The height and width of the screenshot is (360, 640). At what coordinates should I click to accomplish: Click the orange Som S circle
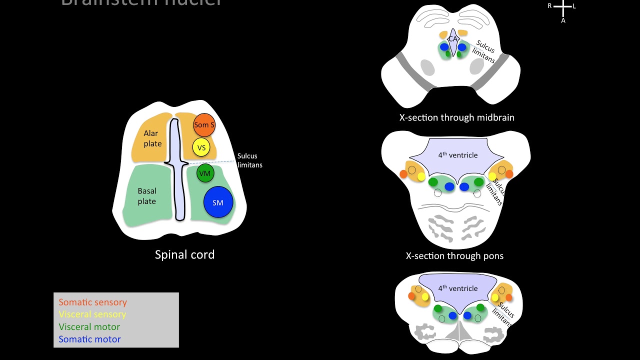coord(204,125)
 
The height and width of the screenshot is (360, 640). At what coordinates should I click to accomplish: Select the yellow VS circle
coord(201,147)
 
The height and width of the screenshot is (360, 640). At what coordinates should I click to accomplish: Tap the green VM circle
coord(204,173)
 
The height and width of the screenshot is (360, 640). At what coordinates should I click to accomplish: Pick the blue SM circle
coord(218,202)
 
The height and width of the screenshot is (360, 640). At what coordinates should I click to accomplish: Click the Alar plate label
coord(152,138)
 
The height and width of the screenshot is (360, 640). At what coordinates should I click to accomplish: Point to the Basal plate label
coord(146,196)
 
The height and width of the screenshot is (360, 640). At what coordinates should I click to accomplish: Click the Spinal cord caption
coord(184,254)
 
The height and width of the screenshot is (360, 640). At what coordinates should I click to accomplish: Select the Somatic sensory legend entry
coord(92,302)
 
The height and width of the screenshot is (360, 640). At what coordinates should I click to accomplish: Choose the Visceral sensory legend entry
coord(92,314)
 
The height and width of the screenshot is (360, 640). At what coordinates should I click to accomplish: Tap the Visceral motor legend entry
coord(89,327)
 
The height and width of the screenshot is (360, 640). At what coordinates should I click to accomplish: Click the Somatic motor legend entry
coord(89,339)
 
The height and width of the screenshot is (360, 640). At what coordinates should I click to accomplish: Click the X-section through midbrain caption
coord(456,118)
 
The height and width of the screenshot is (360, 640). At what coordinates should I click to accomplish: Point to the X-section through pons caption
coord(454,256)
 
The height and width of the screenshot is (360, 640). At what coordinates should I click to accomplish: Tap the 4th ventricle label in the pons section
coord(457,155)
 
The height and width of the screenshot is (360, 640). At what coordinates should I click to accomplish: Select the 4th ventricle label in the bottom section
coord(457,288)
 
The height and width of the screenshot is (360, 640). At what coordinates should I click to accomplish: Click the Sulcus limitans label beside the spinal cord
coord(249,160)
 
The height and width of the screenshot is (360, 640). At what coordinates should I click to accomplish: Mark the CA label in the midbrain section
coord(453,38)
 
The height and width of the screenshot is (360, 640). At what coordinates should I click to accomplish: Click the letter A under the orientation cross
coord(563,21)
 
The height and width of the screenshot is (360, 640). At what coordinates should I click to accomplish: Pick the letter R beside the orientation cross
coord(549,6)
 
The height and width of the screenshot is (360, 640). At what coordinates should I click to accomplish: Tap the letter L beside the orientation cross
coord(574,6)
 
